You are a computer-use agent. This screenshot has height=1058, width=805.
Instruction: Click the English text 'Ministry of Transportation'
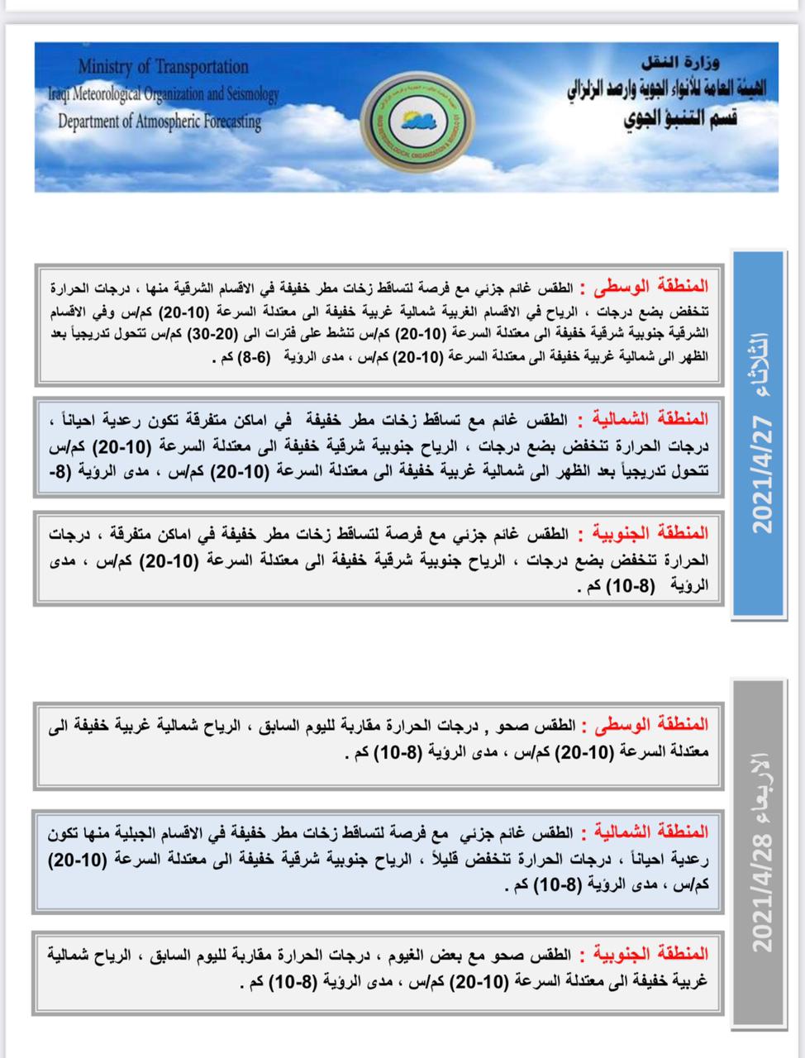pyautogui.click(x=164, y=67)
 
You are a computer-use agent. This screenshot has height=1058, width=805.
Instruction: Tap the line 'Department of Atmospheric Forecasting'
pyautogui.click(x=160, y=122)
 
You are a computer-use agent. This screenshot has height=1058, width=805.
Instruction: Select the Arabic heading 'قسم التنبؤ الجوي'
pyautogui.click(x=680, y=118)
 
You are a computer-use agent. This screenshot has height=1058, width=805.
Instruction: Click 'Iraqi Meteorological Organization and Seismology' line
pyautogui.click(x=163, y=94)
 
